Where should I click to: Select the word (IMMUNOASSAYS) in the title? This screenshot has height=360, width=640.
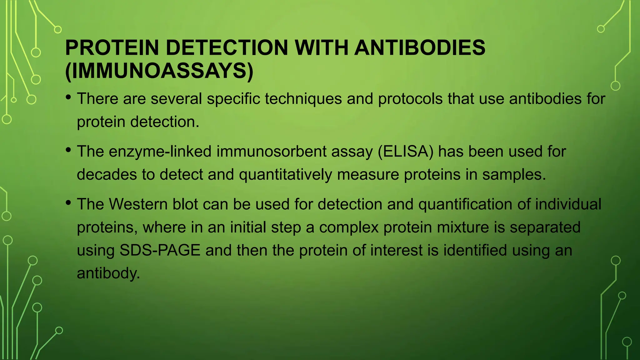pyautogui.click(x=159, y=71)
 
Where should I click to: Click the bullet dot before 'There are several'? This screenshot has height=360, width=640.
pyautogui.click(x=68, y=97)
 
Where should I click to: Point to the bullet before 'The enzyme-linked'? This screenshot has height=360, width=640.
pyautogui.click(x=68, y=150)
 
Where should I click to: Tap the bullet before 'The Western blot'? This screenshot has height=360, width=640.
pyautogui.click(x=68, y=203)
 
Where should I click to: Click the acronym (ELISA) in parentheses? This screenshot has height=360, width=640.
pyautogui.click(x=406, y=152)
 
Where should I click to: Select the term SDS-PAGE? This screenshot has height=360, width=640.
pyautogui.click(x=160, y=250)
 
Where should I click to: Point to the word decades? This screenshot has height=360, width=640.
pyautogui.click(x=107, y=174)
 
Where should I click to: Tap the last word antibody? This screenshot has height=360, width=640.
pyautogui.click(x=108, y=273)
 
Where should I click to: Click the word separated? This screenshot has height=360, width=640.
pyautogui.click(x=545, y=227)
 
